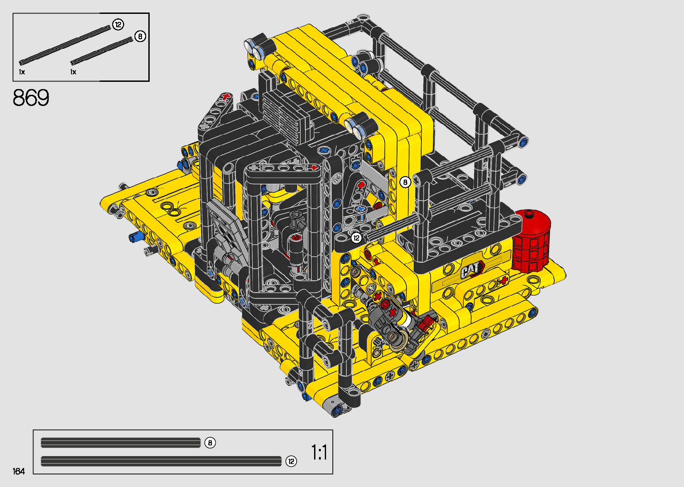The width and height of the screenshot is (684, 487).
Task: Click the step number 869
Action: point(31,98)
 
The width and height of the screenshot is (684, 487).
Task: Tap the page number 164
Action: point(19,471)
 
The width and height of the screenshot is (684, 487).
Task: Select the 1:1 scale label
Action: point(319,452)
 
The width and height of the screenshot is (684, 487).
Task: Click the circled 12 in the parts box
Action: point(118,25)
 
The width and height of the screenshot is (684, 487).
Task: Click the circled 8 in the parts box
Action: point(140,37)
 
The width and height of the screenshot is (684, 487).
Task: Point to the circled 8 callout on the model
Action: point(405,182)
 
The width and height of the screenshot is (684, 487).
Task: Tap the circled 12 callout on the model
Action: point(357,238)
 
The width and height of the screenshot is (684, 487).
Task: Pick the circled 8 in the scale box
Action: point(210,443)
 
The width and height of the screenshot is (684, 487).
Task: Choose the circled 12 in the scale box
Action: point(291,462)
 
